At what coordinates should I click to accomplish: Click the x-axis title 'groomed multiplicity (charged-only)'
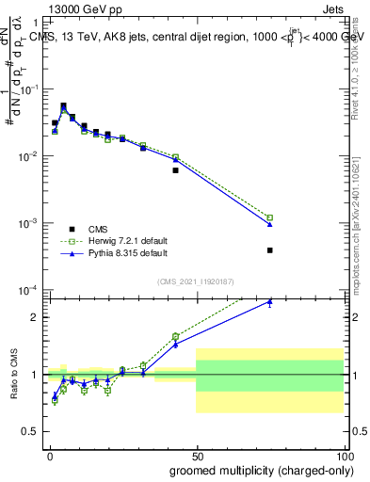(x=249, y=469)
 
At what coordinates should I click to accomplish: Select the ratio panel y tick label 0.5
(x=30, y=432)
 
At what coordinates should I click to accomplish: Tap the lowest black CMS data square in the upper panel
(x=269, y=250)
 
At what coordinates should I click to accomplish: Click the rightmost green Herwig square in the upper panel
(x=269, y=217)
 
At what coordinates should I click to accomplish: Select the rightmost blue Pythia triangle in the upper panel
(x=269, y=224)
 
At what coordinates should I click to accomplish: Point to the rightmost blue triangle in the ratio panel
(x=269, y=301)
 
